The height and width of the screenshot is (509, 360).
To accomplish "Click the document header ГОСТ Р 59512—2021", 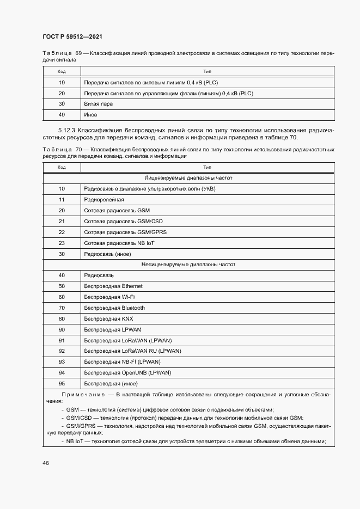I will [x=72, y=36].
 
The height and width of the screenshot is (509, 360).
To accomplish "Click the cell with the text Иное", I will [x=90, y=115].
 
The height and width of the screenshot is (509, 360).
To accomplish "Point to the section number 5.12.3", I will [x=67, y=131].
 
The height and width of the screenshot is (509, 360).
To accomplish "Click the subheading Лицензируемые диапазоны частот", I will [x=188, y=177].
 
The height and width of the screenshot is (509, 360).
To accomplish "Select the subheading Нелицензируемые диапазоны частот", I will [x=188, y=264].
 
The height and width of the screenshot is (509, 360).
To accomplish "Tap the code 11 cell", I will [x=62, y=199].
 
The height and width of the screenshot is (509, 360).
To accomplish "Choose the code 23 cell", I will [x=62, y=243].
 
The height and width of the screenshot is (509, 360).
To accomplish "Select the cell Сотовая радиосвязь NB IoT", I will [x=119, y=243].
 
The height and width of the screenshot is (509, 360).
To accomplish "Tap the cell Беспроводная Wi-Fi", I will [x=109, y=297].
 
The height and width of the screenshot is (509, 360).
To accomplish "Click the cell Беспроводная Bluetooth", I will [x=114, y=308].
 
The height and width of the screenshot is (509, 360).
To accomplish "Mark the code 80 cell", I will [x=62, y=318].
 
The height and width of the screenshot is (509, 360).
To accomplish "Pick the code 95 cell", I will [x=62, y=383].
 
